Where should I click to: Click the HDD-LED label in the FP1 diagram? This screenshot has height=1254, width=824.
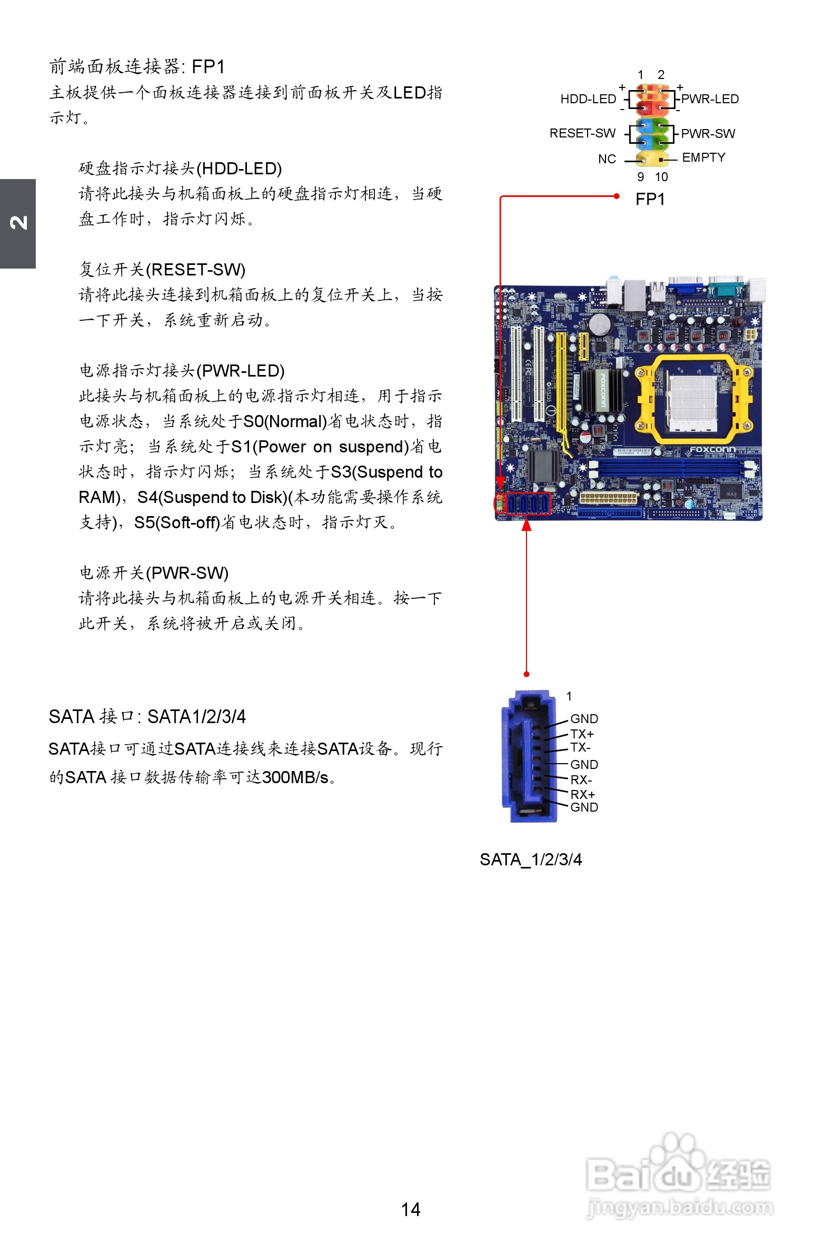point(588,99)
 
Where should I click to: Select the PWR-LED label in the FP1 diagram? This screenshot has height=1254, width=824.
point(710,99)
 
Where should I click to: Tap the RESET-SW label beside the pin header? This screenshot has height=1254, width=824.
point(582,133)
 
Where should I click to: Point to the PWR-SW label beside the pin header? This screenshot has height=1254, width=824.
point(708,134)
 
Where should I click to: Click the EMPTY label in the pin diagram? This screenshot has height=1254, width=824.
point(703,157)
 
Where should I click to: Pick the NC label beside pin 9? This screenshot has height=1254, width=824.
point(607,159)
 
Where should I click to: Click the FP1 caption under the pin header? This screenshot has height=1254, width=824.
point(650,199)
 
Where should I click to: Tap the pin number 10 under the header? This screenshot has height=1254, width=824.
point(661,177)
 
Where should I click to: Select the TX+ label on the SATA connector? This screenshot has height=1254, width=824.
point(582,734)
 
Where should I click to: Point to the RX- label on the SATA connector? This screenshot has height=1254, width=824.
point(581,780)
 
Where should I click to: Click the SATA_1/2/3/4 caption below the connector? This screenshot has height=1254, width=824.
point(531,860)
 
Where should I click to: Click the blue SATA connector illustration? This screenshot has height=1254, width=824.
point(530,757)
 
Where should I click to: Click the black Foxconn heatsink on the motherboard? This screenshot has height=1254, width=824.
point(602,390)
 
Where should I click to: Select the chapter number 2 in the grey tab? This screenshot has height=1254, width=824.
point(18,223)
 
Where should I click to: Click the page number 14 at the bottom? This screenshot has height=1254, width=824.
point(410,1209)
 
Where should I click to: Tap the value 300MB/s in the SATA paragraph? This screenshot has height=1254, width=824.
point(295,777)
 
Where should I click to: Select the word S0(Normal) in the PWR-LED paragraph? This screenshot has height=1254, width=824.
point(285,421)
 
